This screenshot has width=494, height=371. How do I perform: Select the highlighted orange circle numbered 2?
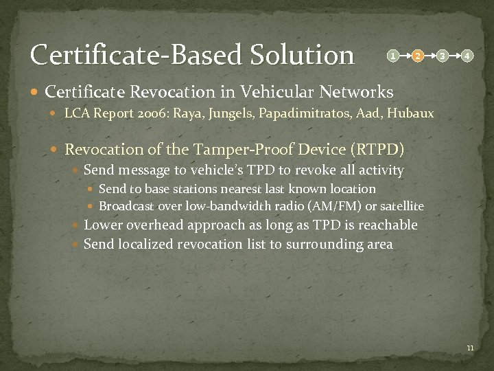click(x=417, y=55)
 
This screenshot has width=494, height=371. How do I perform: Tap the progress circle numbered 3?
click(x=443, y=55)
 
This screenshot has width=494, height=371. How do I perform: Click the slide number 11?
click(x=470, y=348)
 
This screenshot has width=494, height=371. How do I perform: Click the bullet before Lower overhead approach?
click(x=77, y=225)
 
